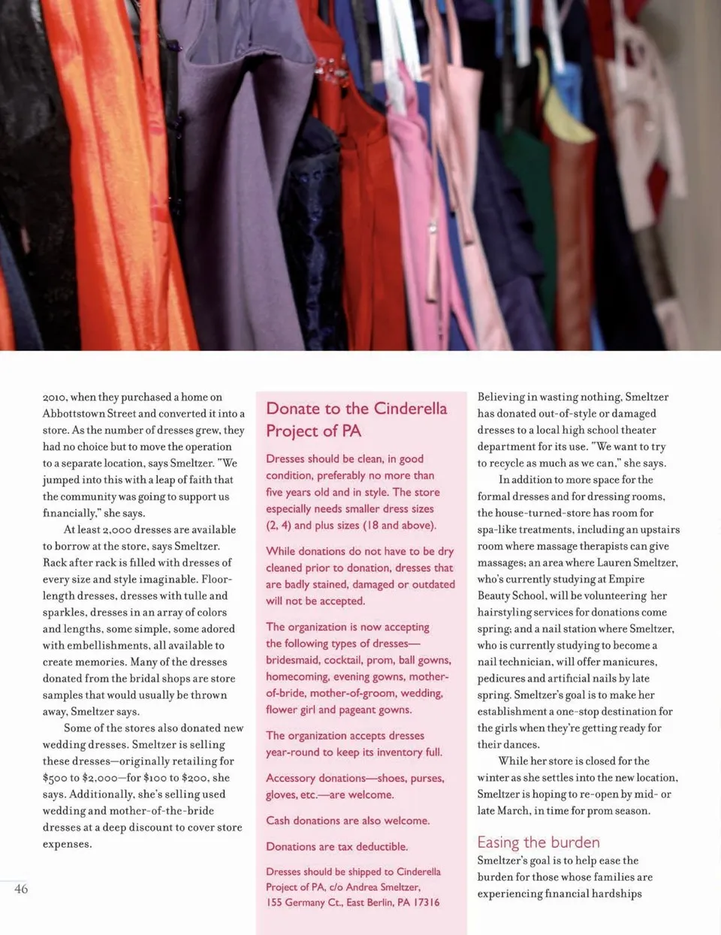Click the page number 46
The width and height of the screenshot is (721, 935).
pyautogui.click(x=21, y=889)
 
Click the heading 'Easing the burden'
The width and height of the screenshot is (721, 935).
pyautogui.click(x=538, y=842)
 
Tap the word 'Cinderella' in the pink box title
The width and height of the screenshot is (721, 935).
pyautogui.click(x=410, y=408)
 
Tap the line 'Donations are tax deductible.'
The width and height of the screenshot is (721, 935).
pyautogui.click(x=336, y=846)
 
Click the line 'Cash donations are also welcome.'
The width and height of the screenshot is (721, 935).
pyautogui.click(x=347, y=820)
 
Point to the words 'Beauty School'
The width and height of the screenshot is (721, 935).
pyautogui.click(x=511, y=595)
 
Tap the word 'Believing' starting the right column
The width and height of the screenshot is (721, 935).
pyautogui.click(x=501, y=397)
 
